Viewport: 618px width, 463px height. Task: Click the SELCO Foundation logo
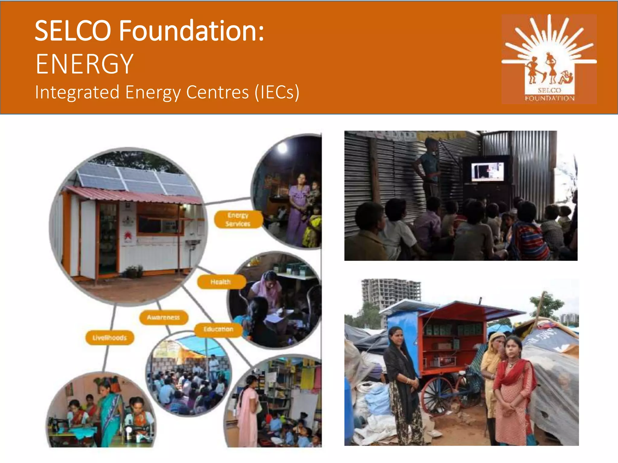549,59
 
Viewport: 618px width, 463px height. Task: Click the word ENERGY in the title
84,64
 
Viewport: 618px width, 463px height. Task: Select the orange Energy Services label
238,219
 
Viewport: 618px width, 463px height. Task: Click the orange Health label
221,282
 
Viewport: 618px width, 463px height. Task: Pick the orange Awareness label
163,317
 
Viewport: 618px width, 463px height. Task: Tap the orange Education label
218,329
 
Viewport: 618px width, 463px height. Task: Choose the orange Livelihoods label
110,338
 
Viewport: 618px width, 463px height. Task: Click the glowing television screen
488,172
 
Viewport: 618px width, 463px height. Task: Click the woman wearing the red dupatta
513,389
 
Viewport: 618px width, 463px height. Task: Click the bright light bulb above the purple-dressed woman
282,147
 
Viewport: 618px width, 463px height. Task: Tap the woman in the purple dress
299,208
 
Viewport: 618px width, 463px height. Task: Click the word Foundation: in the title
191,31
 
